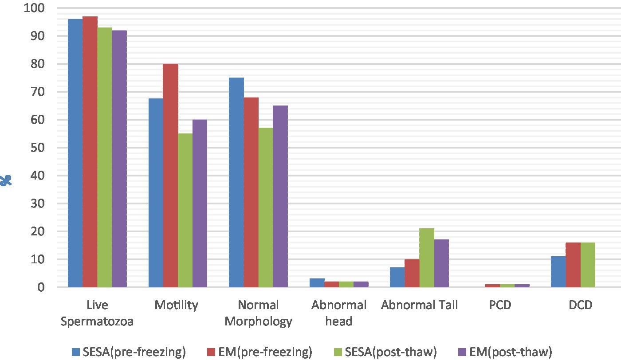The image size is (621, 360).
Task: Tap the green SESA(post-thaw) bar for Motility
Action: click(185, 211)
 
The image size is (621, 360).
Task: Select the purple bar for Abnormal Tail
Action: click(441, 263)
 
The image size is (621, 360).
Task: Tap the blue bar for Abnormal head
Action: click(317, 283)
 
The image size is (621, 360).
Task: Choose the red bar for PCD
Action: click(492, 286)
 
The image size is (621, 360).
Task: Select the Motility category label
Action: click(177, 305)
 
